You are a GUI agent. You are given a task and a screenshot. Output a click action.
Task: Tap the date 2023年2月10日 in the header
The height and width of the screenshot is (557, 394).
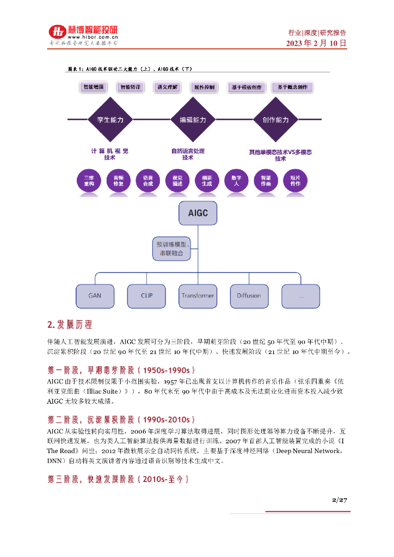[316, 44]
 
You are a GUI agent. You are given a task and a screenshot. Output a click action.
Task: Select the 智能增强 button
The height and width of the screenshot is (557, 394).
[94, 87]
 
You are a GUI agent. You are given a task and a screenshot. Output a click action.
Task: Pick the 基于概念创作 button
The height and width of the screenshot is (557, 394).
[293, 87]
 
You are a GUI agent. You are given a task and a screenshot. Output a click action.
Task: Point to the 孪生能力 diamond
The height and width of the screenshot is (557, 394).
[110, 120]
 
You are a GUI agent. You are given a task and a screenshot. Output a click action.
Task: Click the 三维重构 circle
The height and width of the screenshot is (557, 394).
[89, 181]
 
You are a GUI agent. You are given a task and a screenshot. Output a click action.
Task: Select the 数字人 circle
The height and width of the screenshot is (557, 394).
[236, 181]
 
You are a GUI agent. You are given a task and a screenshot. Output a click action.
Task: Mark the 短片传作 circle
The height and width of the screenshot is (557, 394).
[295, 181]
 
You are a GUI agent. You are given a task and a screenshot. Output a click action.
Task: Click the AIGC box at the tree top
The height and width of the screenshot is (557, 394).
[198, 214]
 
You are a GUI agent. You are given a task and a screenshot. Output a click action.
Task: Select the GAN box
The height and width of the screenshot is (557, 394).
[94, 296]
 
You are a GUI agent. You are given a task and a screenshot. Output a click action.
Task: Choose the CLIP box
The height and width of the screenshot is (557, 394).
[146, 296]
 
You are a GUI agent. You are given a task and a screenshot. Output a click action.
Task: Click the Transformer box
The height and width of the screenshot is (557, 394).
[198, 296]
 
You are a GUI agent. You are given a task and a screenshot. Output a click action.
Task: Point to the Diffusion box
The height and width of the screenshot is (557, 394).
[249, 296]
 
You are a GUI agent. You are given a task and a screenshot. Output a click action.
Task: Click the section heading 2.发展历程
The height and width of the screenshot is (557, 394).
[70, 325]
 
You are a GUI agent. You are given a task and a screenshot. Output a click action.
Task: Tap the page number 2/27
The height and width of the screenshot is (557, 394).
[340, 500]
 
